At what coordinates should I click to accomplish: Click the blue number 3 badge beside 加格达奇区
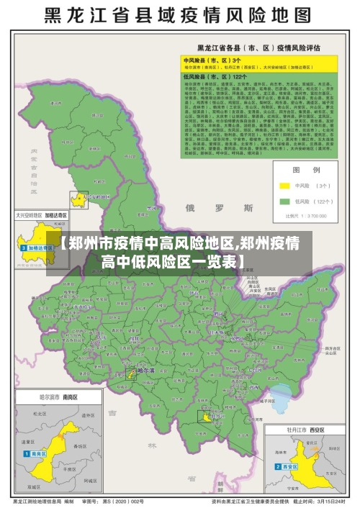click(x=24, y=248)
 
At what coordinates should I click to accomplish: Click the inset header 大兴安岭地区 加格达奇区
click(x=41, y=214)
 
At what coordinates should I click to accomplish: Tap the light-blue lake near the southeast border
click(x=283, y=396)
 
